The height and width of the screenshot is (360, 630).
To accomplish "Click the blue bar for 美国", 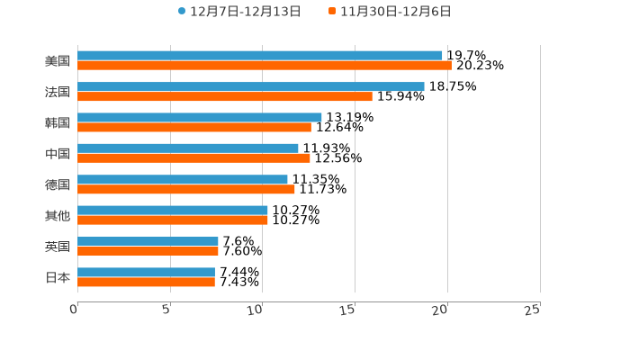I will (x=260, y=56).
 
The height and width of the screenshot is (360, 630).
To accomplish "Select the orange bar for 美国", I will (x=265, y=66).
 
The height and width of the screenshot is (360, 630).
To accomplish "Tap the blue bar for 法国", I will (x=251, y=86).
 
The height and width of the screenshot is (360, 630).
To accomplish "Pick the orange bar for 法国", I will (x=225, y=96).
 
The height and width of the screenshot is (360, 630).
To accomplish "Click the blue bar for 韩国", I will (x=200, y=117).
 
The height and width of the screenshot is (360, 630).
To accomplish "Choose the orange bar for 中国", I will (x=194, y=158).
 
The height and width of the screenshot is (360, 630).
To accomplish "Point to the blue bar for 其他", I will (x=173, y=211).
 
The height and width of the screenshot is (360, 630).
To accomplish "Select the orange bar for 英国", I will (x=148, y=251).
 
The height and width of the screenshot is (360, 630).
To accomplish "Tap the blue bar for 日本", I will (x=147, y=272).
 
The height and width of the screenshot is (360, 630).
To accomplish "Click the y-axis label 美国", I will (x=58, y=61).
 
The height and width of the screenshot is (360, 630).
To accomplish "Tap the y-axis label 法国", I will (x=58, y=92).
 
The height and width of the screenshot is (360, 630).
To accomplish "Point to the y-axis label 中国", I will (x=58, y=154).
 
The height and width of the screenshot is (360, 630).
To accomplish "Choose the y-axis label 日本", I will (x=58, y=277).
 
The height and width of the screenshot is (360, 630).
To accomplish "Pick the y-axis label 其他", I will (x=58, y=216).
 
